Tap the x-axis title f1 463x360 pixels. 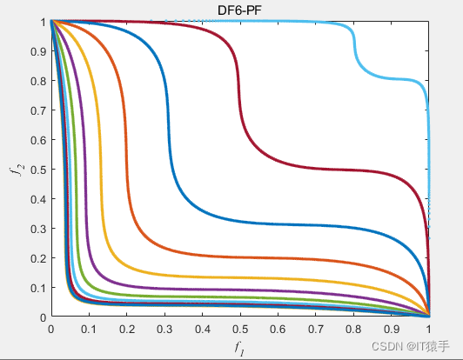click(x=239, y=348)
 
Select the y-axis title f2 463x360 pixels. click(x=14, y=169)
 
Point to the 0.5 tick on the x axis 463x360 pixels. click(x=239, y=330)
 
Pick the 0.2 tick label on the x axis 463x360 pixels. click(x=126, y=330)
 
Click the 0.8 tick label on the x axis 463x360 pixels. click(x=353, y=330)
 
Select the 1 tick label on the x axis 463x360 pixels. click(x=429, y=330)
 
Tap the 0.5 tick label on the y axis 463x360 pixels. click(x=37, y=169)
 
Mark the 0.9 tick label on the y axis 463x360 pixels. click(x=37, y=50)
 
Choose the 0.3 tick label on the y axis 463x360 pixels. click(x=37, y=229)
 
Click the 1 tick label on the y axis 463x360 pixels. click(x=42, y=21)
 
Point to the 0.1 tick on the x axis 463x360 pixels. click(x=89, y=330)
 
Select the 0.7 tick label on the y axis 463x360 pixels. click(x=37, y=110)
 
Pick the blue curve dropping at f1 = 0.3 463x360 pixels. click(x=164, y=113)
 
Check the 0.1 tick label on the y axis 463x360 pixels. click(x=37, y=288)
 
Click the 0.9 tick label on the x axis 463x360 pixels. click(x=391, y=330)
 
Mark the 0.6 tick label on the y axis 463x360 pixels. click(x=37, y=139)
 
